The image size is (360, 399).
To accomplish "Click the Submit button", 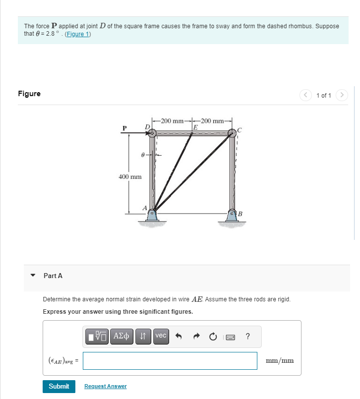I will point(59,386).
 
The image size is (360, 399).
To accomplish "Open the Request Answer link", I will point(105,386).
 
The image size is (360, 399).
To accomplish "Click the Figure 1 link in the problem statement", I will point(78,34).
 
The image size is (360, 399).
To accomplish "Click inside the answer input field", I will point(170,360).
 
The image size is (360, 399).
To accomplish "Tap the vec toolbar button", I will point(161,336).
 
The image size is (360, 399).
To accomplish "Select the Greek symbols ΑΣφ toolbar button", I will point(121,336).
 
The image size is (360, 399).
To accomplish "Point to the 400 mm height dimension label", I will point(130,176).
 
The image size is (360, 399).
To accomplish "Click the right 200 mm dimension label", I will point(212,120).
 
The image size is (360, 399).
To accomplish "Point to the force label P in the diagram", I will point(125,128).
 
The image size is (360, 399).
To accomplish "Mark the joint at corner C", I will point(232,133).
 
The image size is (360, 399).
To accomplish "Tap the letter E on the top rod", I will point(195,127).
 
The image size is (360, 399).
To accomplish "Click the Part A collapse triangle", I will point(33,276).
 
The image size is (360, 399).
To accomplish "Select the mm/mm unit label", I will point(280,360).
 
